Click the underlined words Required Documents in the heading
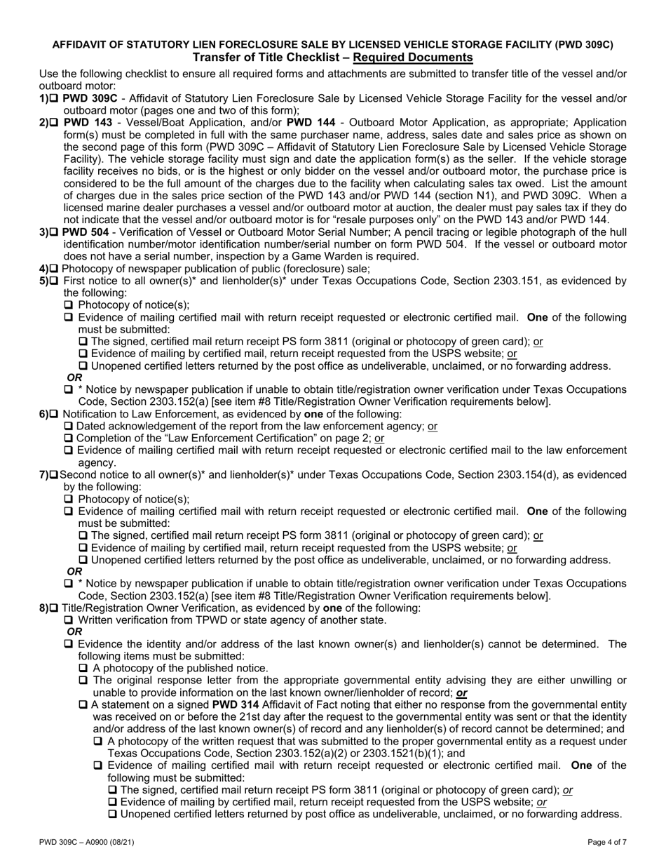tap(413, 58)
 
